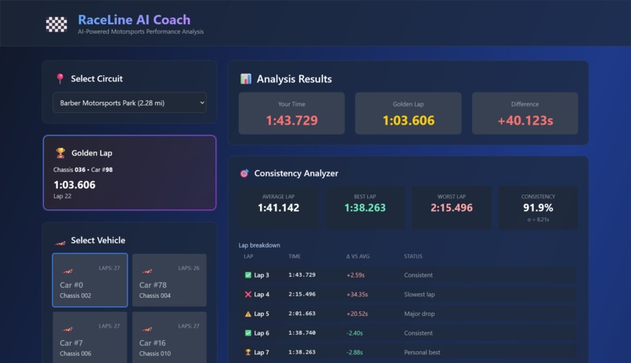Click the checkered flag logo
[56, 24]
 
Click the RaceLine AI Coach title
[134, 20]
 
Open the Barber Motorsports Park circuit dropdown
[130, 103]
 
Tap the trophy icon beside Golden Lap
[60, 153]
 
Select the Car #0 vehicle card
[90, 280]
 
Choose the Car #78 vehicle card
[169, 280]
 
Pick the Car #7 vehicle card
[90, 337]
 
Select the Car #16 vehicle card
[169, 337]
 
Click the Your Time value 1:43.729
[291, 121]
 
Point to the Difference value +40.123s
[525, 121]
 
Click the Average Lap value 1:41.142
[278, 208]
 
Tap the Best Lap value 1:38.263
[365, 208]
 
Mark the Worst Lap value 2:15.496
[452, 208]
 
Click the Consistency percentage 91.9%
[538, 208]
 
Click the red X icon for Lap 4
[248, 295]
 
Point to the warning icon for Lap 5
[248, 314]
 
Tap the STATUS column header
[413, 256]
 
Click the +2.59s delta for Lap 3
[355, 275]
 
